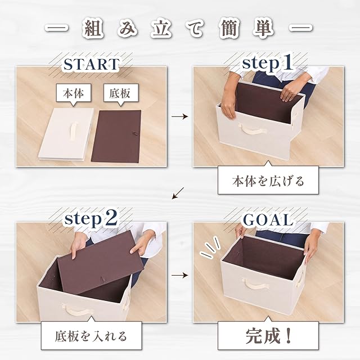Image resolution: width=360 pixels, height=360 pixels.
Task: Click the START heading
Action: [x=91, y=64]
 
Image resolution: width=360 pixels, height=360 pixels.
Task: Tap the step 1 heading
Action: [x=268, y=62]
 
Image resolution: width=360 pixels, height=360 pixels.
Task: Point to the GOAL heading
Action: [x=268, y=220]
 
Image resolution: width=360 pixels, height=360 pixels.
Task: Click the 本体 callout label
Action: [x=74, y=94]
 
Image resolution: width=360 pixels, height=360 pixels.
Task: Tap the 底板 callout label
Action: [x=121, y=94]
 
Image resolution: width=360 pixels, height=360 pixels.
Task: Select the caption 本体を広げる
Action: [x=268, y=181]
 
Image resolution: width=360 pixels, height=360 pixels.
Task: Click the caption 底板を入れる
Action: [x=91, y=336]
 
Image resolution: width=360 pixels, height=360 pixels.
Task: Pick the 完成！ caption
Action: [x=268, y=336]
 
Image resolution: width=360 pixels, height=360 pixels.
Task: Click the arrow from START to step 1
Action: [x=180, y=116]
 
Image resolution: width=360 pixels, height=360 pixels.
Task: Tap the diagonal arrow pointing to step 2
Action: [x=178, y=193]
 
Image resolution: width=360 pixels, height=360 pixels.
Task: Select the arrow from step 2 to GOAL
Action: [x=180, y=275]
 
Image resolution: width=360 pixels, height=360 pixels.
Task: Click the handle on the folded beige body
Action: [x=74, y=130]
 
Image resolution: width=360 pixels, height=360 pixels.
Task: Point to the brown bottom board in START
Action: [x=116, y=136]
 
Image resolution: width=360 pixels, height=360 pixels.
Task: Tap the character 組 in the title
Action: [x=93, y=30]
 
